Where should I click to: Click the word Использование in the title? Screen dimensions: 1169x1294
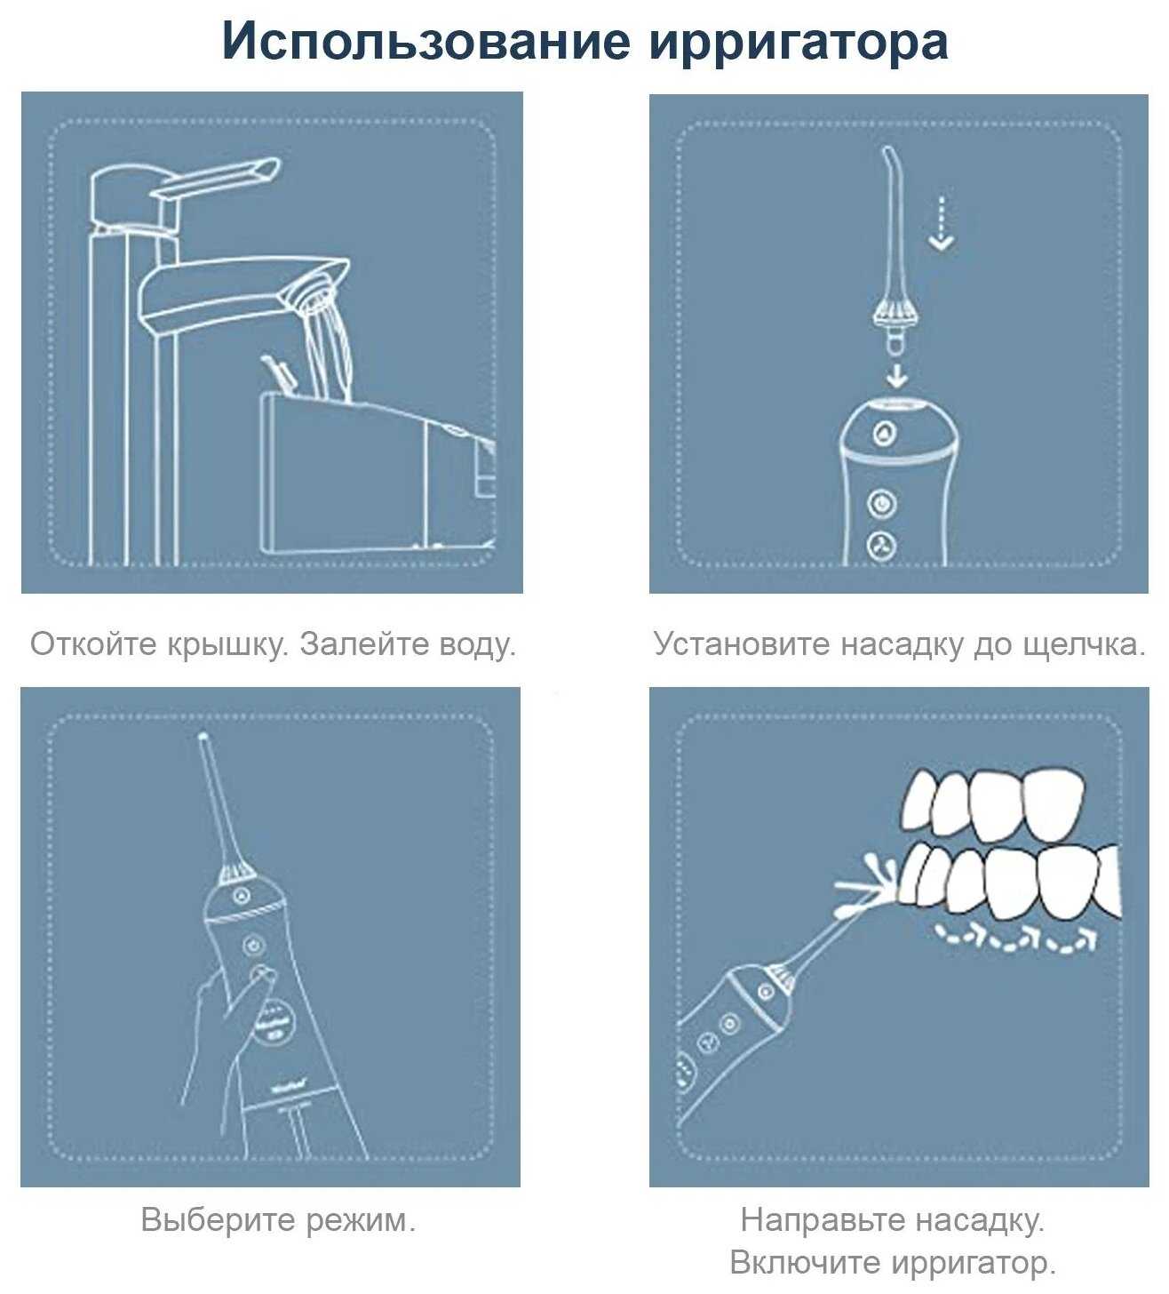(x=425, y=42)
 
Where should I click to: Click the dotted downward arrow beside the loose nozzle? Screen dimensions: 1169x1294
(x=942, y=223)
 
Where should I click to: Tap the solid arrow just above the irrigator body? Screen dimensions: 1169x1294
(x=896, y=375)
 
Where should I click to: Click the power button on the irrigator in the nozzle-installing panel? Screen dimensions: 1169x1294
(x=882, y=502)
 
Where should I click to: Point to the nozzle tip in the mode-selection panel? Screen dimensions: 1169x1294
(x=203, y=736)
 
